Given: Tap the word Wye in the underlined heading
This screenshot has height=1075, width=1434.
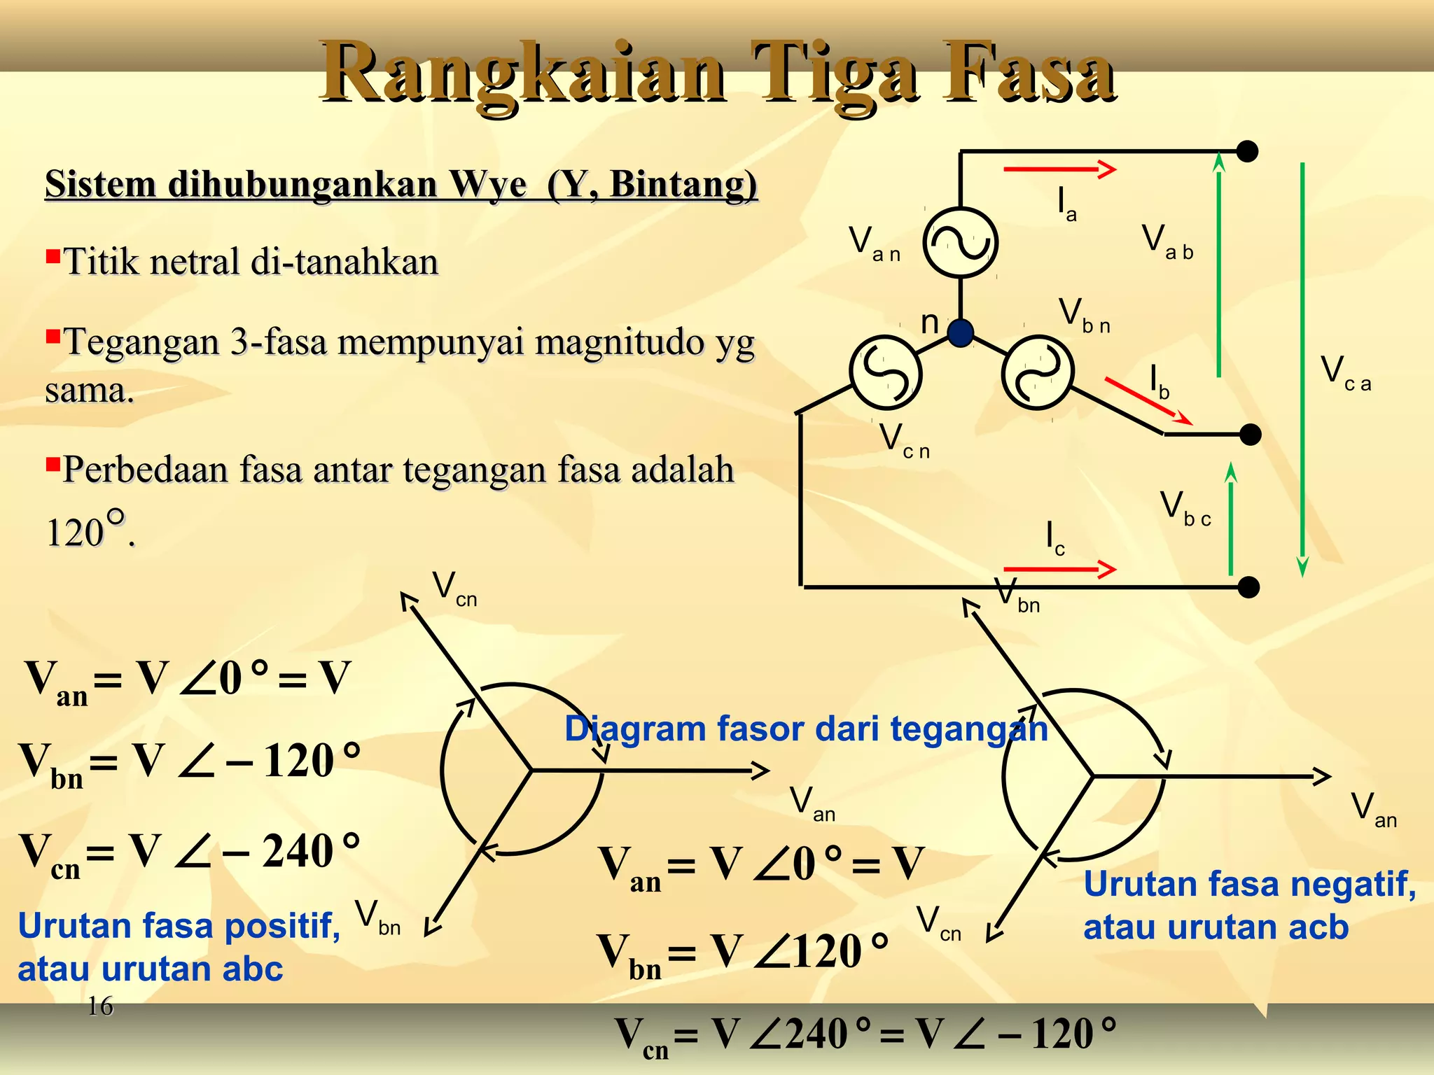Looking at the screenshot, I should [488, 185].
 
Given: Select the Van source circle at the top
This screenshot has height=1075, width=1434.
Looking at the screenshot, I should [960, 243].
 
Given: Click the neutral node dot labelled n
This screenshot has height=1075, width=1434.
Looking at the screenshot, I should [960, 332].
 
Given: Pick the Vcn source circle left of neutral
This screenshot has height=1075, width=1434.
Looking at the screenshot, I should [885, 372].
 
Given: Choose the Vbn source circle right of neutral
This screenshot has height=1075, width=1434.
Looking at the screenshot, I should [1037, 372].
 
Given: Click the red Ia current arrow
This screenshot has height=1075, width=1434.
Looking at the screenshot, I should [1059, 169].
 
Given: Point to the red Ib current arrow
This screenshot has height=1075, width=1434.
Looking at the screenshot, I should [1148, 402].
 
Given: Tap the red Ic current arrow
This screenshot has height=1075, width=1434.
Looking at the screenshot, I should [1059, 570].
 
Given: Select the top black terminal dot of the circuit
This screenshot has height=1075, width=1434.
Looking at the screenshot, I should [1247, 151].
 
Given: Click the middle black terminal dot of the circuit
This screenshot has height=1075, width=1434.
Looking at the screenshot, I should [1250, 435].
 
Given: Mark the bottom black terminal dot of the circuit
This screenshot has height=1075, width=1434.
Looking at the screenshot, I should [1248, 587].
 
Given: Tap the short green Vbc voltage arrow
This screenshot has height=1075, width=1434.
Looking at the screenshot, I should [1230, 519].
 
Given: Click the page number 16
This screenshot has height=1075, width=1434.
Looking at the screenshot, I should [100, 1006].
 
